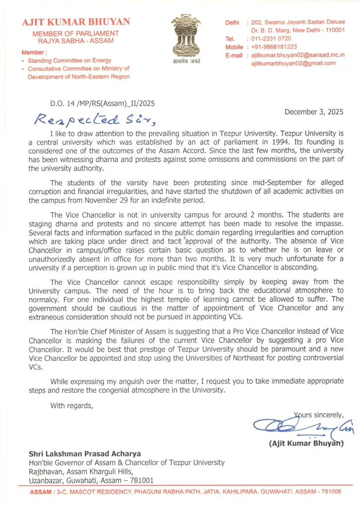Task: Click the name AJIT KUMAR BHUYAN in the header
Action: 75,22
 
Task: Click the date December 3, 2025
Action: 314,112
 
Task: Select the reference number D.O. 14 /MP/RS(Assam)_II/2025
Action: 102,104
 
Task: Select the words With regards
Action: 72,405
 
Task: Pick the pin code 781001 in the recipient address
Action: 141,480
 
